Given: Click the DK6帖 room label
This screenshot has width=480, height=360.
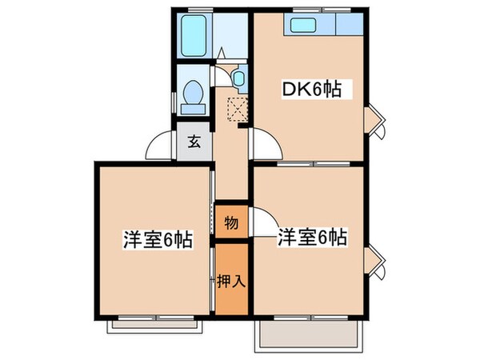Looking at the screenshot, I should (x=310, y=90).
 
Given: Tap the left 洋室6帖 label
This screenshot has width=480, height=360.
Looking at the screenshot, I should (x=157, y=238).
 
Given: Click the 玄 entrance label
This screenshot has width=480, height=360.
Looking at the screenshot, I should (x=194, y=143).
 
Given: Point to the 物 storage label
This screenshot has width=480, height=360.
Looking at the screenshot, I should (x=230, y=222).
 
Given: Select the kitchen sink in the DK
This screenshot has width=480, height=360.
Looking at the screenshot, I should (x=304, y=25).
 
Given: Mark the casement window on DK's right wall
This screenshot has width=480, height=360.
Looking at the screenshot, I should (x=375, y=122).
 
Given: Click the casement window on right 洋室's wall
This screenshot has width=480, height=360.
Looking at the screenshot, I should (x=375, y=262).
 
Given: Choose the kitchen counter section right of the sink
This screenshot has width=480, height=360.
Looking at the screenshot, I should (x=347, y=25).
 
